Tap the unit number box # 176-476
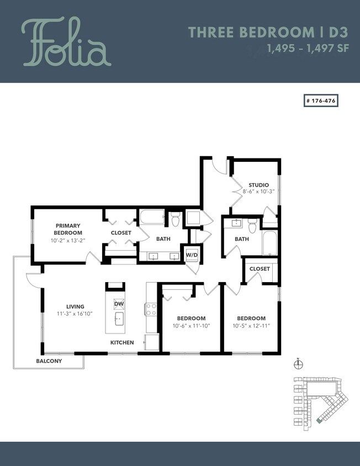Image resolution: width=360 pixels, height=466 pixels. (x=321, y=101)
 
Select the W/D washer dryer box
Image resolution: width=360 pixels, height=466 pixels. (x=192, y=255)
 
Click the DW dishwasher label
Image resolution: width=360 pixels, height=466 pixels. (x=119, y=304)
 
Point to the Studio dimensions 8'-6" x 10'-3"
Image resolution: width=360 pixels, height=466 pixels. (x=258, y=192)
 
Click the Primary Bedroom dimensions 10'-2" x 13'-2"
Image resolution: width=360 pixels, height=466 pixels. (x=68, y=240)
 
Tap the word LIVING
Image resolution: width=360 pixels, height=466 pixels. (x=75, y=306)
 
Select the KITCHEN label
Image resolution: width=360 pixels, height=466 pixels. (x=122, y=342)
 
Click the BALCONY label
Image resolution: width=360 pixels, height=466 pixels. (x=49, y=361)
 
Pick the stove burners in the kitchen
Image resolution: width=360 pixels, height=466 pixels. (x=151, y=309)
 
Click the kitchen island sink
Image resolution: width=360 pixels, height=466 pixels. (x=119, y=319)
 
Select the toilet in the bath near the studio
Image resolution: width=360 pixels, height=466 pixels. (x=252, y=226)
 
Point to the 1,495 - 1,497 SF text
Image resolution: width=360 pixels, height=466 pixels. (x=308, y=48)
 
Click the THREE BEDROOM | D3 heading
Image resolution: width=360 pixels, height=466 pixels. (x=269, y=32)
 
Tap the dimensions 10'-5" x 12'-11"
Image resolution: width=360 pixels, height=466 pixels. (x=251, y=326)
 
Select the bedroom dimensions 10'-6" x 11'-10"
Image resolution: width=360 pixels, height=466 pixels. (x=191, y=326)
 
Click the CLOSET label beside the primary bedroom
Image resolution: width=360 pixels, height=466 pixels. (x=121, y=233)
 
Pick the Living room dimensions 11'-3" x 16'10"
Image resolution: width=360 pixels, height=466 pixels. (x=75, y=314)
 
